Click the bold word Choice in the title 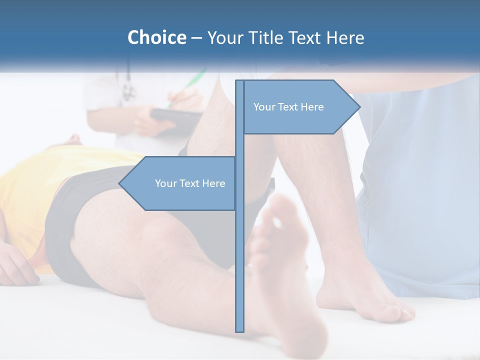[x=156, y=37]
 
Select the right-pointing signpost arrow [x=300, y=107]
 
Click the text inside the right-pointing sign [x=288, y=107]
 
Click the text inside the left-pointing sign [x=190, y=183]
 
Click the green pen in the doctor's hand [x=192, y=82]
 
